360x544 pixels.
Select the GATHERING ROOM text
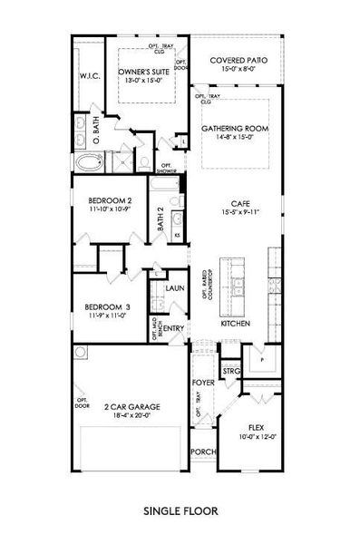pos(235,129)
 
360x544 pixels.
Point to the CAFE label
pos(239,204)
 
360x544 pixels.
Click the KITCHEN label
pos(235,323)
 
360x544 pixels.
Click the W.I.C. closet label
pos(89,76)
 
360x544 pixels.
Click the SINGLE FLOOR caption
pos(180,510)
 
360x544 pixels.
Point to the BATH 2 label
pos(161,221)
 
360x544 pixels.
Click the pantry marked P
pos(262,358)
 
